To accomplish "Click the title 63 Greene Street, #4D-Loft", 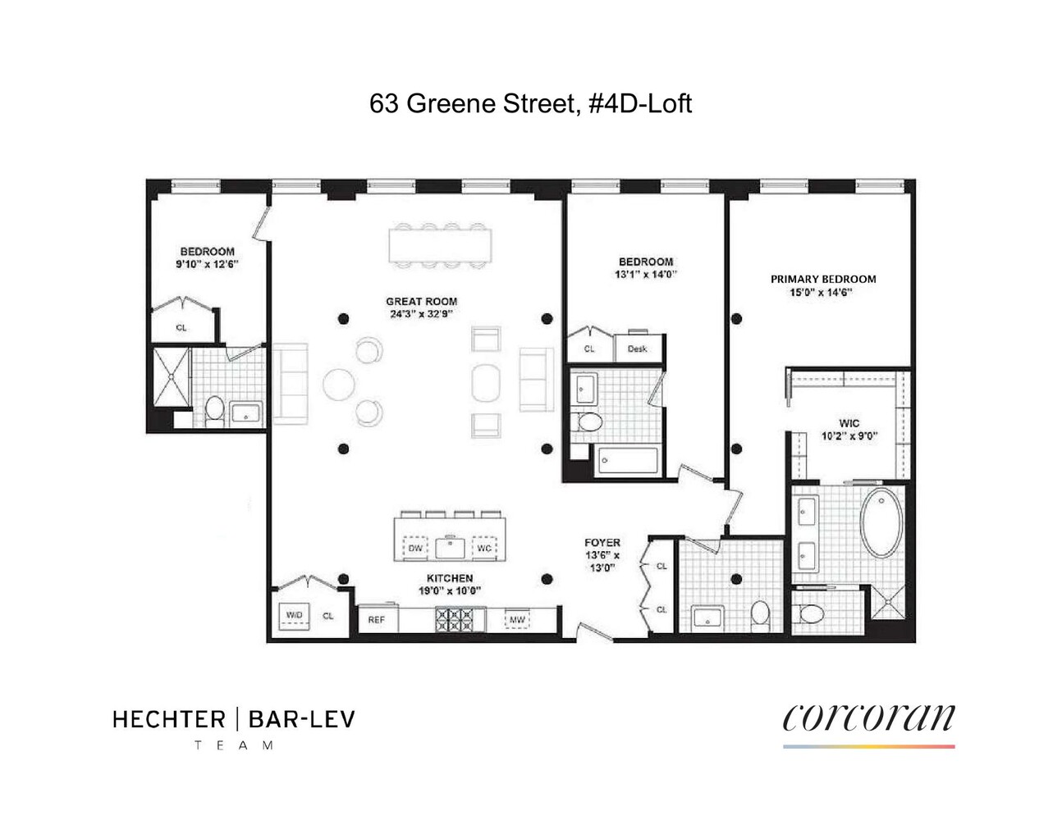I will [530, 104].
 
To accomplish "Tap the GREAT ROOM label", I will [421, 301].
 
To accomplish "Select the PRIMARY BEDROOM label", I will [822, 279].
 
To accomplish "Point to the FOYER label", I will [602, 543].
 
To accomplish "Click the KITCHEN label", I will [449, 578].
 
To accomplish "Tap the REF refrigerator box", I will [377, 619].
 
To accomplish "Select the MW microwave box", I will [517, 619].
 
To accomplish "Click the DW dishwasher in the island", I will [415, 548].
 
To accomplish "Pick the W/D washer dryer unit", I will [294, 616].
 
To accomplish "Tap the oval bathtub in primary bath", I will [881, 523].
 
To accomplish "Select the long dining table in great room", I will [442, 244].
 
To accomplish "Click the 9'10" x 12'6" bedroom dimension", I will [208, 265].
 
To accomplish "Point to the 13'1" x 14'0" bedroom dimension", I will [646, 275].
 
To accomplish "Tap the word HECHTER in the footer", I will [168, 720].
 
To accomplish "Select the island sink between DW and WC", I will [450, 547].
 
